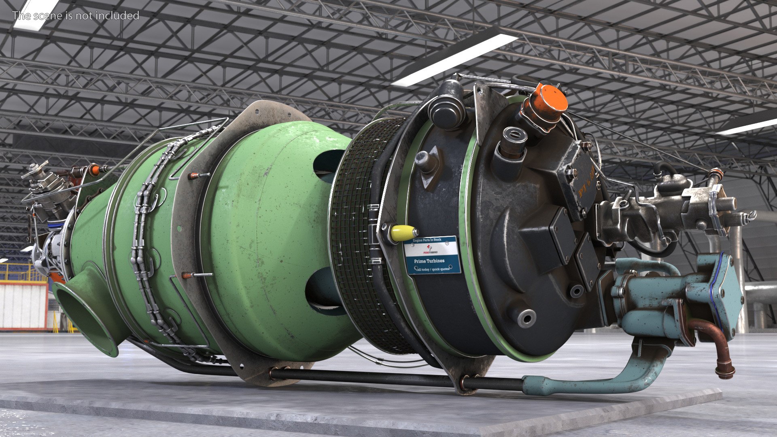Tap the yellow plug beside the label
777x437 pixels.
[403, 233]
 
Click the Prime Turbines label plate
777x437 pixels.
[432, 255]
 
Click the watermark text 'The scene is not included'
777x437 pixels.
[76, 16]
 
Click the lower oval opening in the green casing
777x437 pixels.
[324, 289]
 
